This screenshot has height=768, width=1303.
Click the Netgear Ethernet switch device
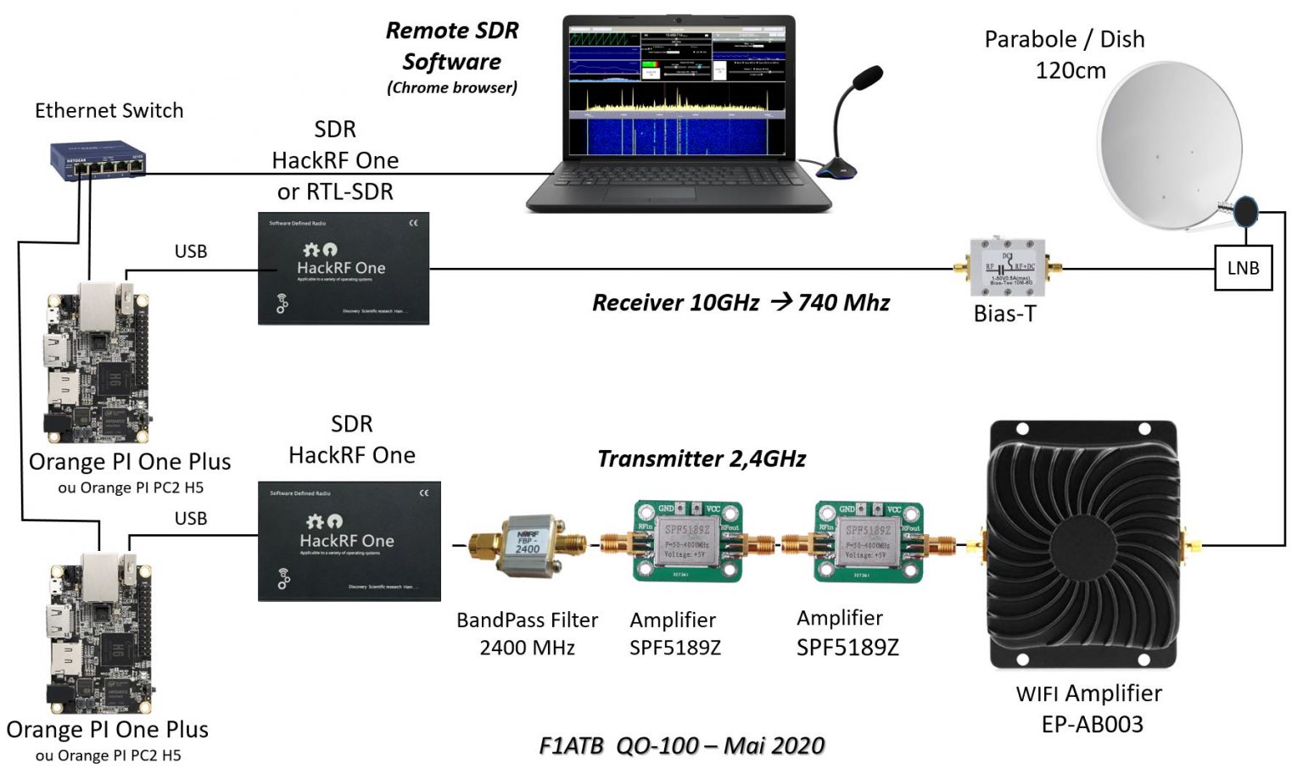click(97, 159)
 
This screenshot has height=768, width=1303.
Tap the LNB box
click(1243, 268)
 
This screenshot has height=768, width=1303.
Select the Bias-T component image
click(1007, 268)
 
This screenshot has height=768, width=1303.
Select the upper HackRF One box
click(343, 269)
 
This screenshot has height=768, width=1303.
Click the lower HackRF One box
click(349, 542)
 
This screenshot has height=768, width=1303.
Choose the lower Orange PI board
click(98, 632)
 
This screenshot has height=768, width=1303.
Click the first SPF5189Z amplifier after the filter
click(687, 542)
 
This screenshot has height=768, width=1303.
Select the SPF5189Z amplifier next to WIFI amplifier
click(868, 542)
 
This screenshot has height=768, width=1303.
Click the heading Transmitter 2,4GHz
click(701, 459)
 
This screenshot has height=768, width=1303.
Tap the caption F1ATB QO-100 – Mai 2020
click(681, 746)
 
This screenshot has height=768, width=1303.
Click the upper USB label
click(191, 252)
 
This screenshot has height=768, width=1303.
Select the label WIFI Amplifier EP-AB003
click(1090, 709)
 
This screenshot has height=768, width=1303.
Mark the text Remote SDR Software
click(451, 47)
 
